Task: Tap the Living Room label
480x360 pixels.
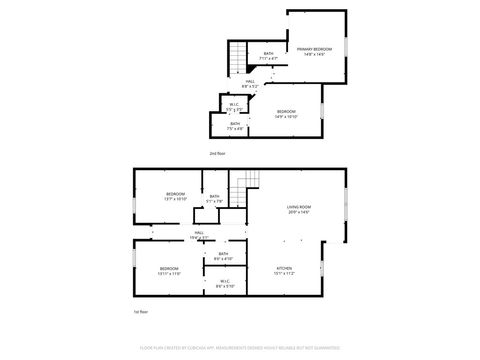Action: (298, 209)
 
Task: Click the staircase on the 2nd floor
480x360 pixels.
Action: (237, 59)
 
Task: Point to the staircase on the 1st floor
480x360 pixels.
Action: (245, 186)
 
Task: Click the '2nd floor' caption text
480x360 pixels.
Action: (217, 153)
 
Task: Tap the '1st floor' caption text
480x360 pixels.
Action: (141, 312)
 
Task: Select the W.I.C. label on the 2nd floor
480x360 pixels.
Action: (233, 105)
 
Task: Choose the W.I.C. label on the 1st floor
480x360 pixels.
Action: (225, 283)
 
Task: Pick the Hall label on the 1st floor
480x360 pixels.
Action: (200, 235)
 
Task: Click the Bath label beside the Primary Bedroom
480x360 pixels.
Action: (268, 56)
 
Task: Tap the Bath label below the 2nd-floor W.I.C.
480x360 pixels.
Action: (235, 126)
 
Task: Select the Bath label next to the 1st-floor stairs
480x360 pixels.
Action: (214, 199)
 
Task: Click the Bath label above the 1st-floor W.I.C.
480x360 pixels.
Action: (223, 256)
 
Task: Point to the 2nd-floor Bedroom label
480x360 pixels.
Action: (286, 113)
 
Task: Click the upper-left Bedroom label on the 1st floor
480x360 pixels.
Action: (175, 196)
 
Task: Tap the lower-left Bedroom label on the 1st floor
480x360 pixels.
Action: (169, 271)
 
